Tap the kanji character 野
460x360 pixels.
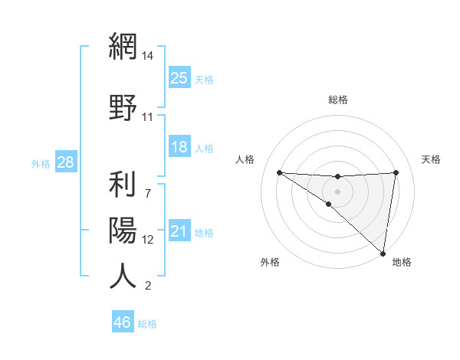click(123, 106)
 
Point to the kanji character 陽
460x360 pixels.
click(123, 229)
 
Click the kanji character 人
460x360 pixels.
click(123, 276)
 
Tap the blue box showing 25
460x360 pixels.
click(179, 77)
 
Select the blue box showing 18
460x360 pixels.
click(179, 147)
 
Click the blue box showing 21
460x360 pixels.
click(179, 231)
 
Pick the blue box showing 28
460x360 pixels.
click(65, 162)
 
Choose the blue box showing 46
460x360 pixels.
click(123, 322)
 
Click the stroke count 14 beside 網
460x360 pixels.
click(148, 56)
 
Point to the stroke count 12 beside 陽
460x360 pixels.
click(148, 239)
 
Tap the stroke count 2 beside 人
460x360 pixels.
click(148, 286)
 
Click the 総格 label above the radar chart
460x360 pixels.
click(338, 100)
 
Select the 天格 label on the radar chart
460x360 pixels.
click(432, 159)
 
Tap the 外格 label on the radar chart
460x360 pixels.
click(270, 262)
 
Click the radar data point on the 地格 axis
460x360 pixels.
click(383, 253)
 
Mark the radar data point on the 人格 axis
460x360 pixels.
click(279, 172)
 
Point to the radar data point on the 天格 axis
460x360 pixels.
click(396, 172)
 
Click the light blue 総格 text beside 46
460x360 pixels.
click(147, 323)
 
